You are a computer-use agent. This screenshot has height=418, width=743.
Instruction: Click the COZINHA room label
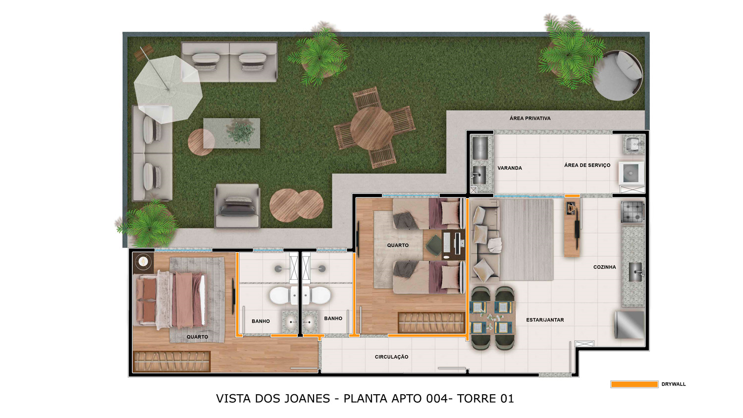click(604, 267)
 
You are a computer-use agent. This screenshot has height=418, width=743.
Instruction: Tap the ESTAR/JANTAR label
click(545, 320)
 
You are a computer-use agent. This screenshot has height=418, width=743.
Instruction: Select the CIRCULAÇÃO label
click(391, 357)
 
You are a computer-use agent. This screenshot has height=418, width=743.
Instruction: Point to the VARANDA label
click(510, 168)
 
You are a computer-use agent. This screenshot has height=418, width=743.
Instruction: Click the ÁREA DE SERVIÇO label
click(587, 165)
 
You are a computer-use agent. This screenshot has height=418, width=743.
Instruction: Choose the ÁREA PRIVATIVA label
click(530, 118)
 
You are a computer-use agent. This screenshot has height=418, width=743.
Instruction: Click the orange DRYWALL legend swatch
click(634, 384)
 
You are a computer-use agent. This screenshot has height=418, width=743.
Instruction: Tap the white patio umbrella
click(168, 89)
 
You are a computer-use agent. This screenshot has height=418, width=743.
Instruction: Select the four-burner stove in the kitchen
click(633, 212)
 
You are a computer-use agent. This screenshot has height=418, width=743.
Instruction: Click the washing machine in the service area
click(631, 173)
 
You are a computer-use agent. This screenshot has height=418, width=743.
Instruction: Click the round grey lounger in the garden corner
click(618, 76)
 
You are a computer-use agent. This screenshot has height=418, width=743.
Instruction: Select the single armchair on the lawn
click(237, 206)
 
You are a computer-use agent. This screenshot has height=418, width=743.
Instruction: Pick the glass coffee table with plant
click(231, 133)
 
